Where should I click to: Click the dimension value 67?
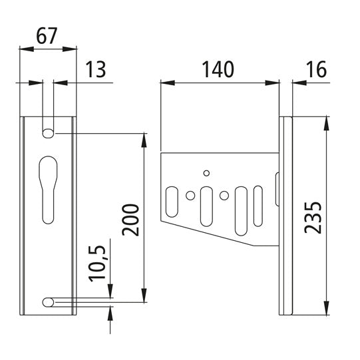pos(47,37)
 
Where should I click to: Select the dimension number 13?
pos(96,70)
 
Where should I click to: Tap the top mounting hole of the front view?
pos(49,133)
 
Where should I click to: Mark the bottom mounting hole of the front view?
pos(49,302)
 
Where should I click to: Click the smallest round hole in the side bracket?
pos(207,173)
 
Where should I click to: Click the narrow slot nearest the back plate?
pos(258,206)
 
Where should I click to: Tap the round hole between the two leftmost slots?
pos(191,196)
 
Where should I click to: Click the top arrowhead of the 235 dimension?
pos(327,122)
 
